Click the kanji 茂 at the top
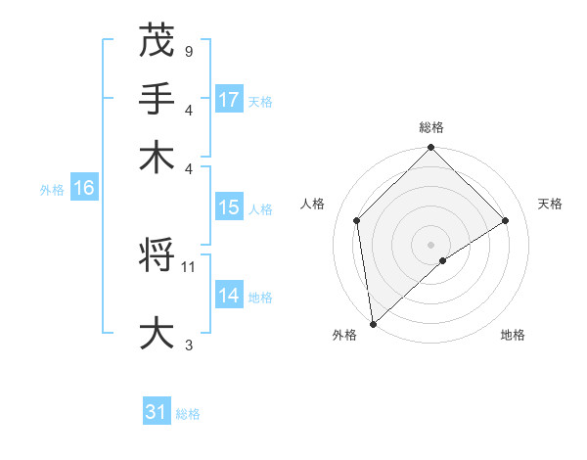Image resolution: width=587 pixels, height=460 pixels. [157, 41]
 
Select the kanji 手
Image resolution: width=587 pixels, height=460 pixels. [157, 99]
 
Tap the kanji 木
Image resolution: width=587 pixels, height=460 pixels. [157, 158]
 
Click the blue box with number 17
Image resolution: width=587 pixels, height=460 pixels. [229, 100]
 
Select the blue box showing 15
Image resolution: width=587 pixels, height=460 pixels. [229, 208]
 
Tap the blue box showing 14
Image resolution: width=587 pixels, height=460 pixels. [229, 296]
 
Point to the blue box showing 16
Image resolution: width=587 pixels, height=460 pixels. [84, 189]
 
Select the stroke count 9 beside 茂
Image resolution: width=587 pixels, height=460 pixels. [188, 51]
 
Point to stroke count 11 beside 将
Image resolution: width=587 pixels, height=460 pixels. [190, 265]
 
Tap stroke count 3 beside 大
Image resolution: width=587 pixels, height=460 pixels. [189, 345]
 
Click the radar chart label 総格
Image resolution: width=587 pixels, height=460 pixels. [431, 127]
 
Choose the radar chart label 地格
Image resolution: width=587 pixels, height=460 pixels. [513, 336]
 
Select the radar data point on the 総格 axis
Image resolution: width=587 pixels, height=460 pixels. [431, 149]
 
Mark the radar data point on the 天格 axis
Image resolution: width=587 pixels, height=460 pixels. [506, 220]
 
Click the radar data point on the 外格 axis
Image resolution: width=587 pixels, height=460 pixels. [373, 324]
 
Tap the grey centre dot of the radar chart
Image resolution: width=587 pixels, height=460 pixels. [431, 244]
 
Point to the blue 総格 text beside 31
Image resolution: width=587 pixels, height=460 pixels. [188, 414]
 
